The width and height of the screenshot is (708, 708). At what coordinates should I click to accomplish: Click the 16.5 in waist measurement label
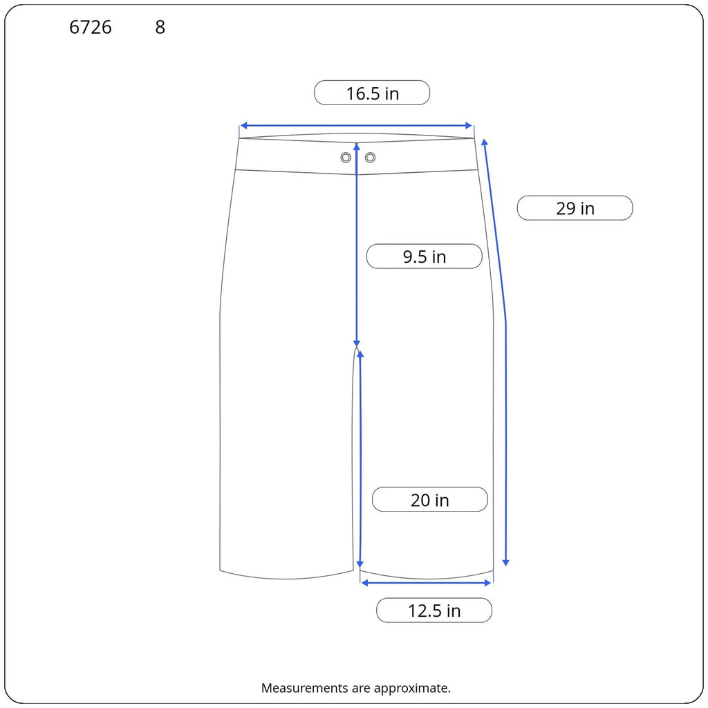point(372,93)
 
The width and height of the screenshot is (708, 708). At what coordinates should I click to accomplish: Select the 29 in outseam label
point(575,208)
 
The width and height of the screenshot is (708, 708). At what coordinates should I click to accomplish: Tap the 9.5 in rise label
point(425,257)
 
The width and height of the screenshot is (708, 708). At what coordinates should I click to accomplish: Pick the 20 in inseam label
point(430,499)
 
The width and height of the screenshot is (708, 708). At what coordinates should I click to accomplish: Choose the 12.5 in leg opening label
point(434,611)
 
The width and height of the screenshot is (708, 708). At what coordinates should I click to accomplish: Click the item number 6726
point(91,27)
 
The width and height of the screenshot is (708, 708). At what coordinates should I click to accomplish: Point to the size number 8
point(160,27)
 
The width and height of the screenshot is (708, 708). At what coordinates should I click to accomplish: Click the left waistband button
point(346,157)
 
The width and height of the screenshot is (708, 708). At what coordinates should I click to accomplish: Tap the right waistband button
point(371,157)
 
